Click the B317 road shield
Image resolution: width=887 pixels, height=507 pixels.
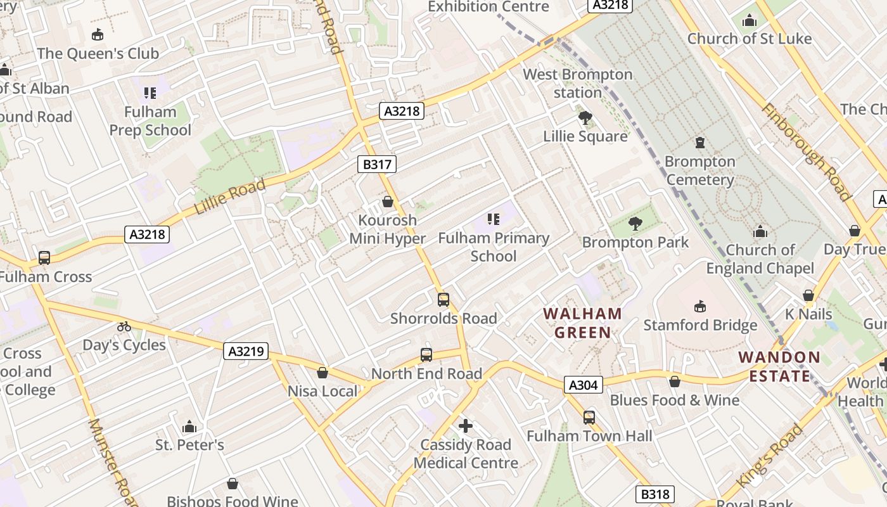coord(376,165)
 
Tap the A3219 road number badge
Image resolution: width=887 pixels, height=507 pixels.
coord(246,351)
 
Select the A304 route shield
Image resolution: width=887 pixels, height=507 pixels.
coord(583,385)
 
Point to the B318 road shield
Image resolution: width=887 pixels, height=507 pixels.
coord(654,494)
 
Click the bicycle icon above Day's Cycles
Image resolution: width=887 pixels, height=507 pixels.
coord(124,326)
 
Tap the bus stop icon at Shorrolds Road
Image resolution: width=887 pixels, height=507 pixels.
coord(443,300)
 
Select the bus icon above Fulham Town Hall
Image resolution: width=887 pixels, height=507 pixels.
coord(589,417)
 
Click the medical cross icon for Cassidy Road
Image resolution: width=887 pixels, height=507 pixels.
coord(466,426)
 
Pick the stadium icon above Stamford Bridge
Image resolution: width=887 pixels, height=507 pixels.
coord(700,307)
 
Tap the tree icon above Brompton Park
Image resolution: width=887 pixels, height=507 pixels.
coord(635,224)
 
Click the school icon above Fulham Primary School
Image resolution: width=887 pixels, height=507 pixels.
coord(494,219)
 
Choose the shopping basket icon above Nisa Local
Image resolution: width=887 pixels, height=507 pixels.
coord(322,373)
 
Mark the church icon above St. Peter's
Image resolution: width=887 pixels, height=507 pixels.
coord(189,427)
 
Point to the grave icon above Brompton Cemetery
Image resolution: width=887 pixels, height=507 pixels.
coord(700,143)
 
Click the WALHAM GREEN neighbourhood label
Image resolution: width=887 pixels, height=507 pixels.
coord(582,323)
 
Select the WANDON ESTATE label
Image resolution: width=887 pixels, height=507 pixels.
coord(779,366)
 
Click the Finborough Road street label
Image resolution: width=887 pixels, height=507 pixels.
coord(805,151)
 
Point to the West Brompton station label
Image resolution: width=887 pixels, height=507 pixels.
coord(577,83)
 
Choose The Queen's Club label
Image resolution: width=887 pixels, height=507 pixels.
coord(98,54)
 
